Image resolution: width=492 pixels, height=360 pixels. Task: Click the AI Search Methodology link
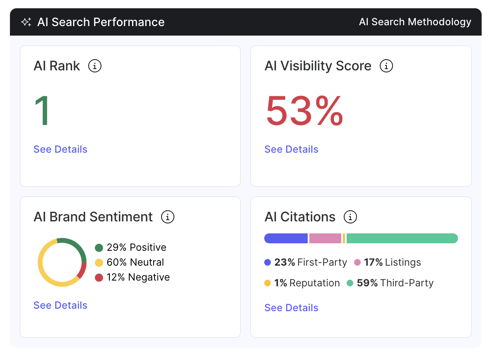tap(415, 22)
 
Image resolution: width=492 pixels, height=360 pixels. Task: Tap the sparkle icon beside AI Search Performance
tap(26, 22)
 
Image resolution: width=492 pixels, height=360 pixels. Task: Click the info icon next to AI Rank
tap(95, 66)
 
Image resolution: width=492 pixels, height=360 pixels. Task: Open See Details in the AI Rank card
tap(60, 149)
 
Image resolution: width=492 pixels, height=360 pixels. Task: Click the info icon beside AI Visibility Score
tap(386, 66)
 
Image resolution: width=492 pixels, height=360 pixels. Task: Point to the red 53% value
tap(304, 110)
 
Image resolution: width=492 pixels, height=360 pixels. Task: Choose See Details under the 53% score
tap(292, 149)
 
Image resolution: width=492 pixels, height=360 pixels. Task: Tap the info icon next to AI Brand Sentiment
tap(168, 217)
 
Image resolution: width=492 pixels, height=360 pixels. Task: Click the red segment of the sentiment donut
tap(82, 270)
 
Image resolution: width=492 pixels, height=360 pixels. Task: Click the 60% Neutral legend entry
tap(130, 262)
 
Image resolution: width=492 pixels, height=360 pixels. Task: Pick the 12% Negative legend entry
tap(133, 277)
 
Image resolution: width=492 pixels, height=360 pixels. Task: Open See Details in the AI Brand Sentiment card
tap(60, 305)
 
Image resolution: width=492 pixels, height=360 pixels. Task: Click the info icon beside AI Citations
tap(350, 217)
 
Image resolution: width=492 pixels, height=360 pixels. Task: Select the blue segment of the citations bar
tap(286, 238)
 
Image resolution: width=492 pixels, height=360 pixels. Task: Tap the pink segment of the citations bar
tap(325, 238)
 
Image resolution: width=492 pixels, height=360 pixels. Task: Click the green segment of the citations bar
tap(402, 238)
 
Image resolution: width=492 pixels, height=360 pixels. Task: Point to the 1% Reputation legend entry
tap(302, 283)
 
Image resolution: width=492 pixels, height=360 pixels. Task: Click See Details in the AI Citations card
tap(292, 308)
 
